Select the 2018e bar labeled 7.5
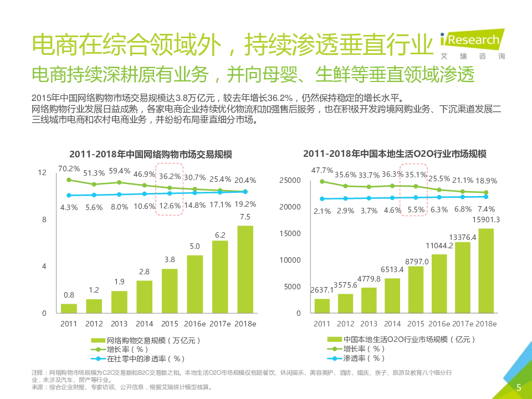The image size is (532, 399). (244, 269)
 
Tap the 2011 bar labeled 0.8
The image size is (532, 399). (69, 308)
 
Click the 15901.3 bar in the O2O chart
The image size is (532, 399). (486, 270)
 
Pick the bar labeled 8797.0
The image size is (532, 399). (416, 289)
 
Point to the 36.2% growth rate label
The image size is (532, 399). (170, 176)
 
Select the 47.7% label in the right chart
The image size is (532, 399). (322, 170)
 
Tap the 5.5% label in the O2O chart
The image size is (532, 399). (416, 209)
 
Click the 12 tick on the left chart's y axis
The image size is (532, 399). (42, 173)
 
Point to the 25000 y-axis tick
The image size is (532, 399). (290, 180)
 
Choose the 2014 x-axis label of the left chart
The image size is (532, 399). (145, 324)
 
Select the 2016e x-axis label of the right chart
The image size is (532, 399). (439, 324)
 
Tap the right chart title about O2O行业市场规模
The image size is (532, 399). (398, 154)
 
